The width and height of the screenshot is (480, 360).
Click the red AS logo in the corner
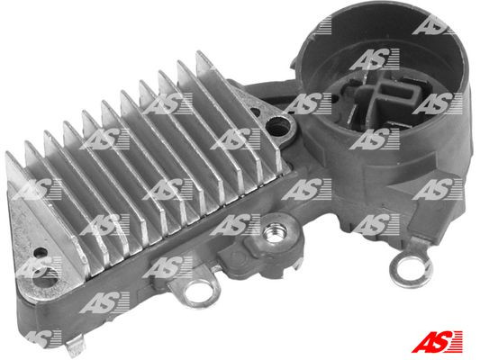pos(444,341)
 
